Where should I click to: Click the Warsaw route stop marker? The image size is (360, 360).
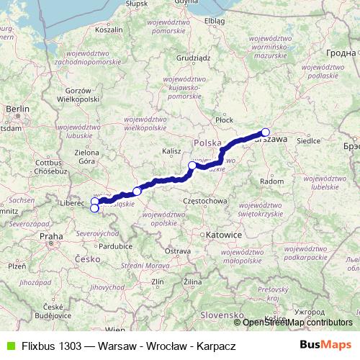[x=266, y=132]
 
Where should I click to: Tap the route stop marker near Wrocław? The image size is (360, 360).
[x=137, y=191]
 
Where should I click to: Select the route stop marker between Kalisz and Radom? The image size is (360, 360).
[x=192, y=166]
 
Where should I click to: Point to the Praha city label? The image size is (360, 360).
[x=52, y=235]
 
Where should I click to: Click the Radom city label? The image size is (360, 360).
[x=271, y=182]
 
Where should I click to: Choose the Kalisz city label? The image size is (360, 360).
[x=171, y=151]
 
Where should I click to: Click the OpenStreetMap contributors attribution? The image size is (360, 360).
[x=298, y=323]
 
